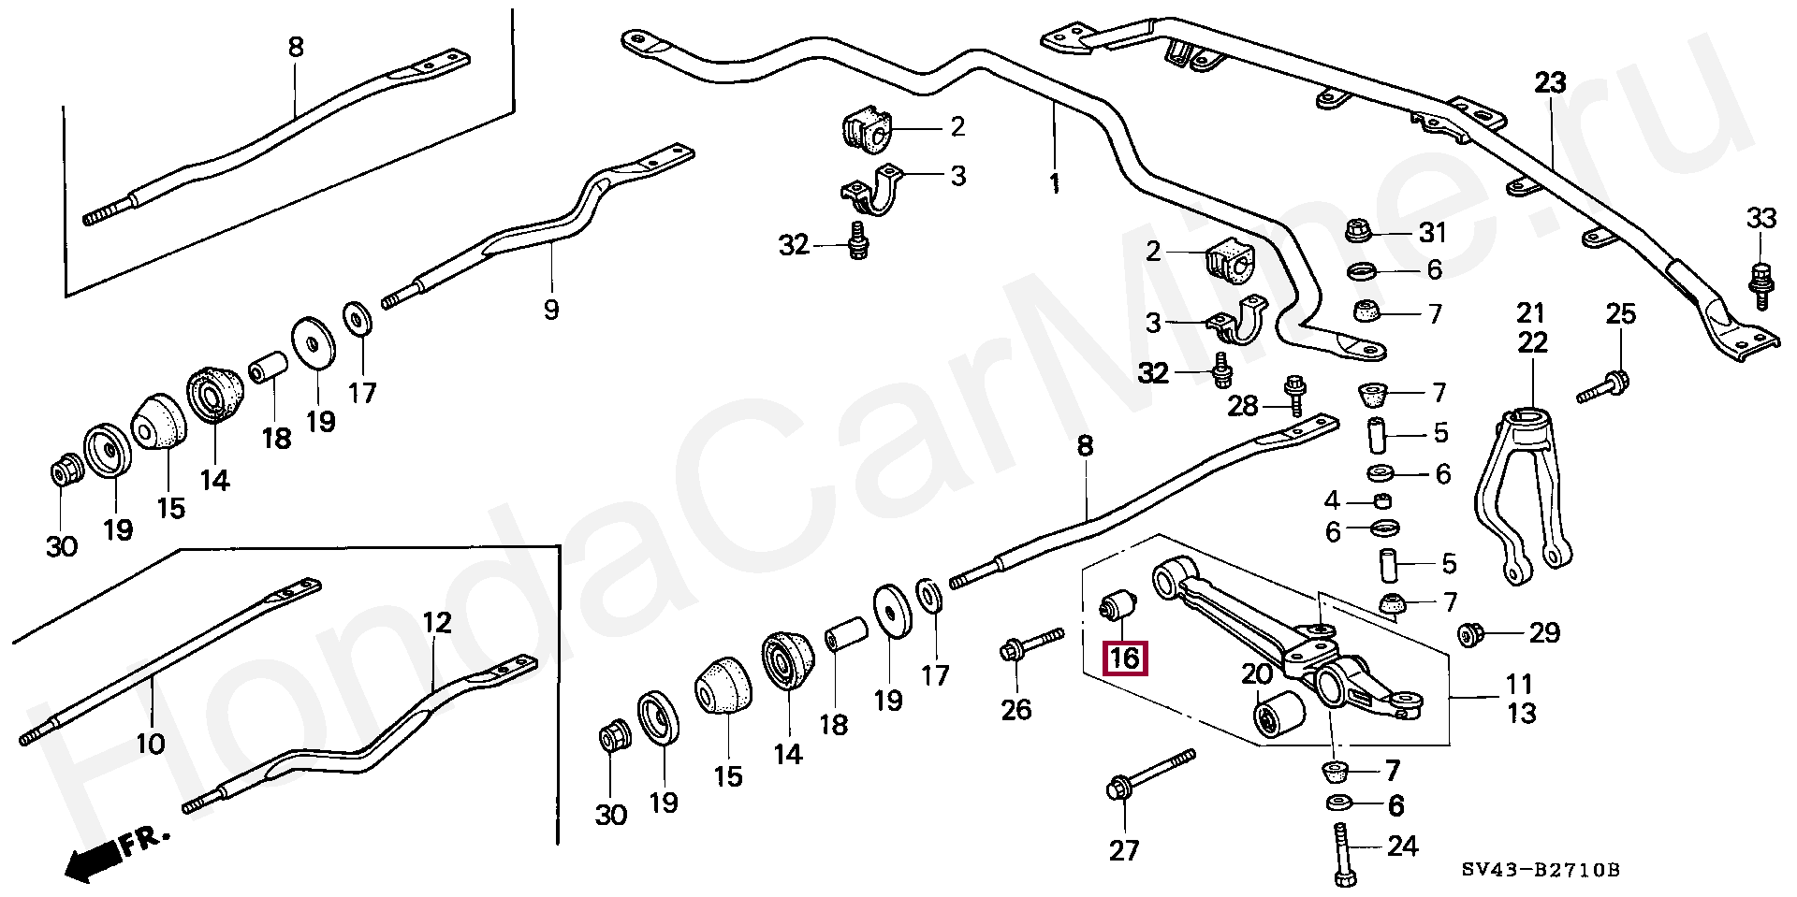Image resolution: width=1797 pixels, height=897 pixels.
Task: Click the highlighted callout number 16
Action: (x=1124, y=658)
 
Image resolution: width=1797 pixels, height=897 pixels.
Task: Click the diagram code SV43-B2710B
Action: (x=1541, y=871)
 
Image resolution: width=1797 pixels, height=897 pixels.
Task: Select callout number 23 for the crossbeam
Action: (x=1550, y=82)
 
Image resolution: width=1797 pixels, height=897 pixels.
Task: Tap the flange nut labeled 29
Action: (x=1468, y=635)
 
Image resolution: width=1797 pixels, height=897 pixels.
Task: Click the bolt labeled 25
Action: (x=1603, y=386)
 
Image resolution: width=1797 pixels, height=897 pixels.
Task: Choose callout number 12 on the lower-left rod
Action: (x=437, y=622)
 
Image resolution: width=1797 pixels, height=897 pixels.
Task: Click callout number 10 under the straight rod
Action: (x=150, y=745)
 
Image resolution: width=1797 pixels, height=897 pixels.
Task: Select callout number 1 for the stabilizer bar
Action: (x=1055, y=182)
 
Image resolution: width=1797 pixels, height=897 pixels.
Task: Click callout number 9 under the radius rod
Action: (x=551, y=309)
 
